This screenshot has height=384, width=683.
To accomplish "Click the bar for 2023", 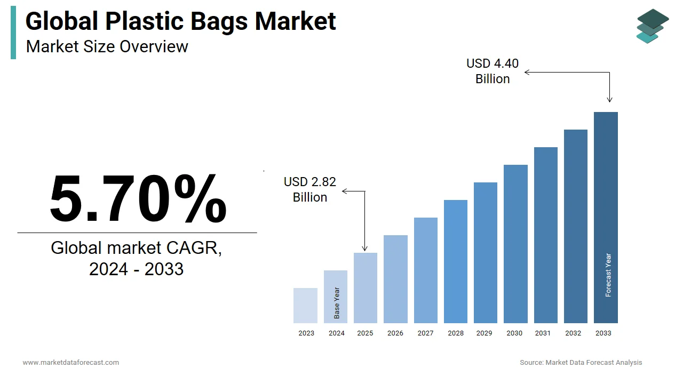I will [x=306, y=306].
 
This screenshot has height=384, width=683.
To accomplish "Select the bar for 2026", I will [x=395, y=279].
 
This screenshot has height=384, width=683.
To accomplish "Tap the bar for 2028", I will [x=456, y=261].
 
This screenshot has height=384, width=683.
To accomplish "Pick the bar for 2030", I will [x=515, y=244].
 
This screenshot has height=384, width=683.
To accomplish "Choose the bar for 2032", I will [x=576, y=226].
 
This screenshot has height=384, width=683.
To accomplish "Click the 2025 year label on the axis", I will [x=366, y=333].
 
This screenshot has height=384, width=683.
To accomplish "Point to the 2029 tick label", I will [x=485, y=333].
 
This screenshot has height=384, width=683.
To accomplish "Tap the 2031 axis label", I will [x=543, y=333].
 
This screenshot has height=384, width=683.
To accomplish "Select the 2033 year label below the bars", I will [x=603, y=333].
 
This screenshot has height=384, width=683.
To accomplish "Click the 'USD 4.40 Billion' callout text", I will [x=493, y=71].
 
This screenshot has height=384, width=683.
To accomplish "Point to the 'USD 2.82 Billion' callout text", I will [x=310, y=189].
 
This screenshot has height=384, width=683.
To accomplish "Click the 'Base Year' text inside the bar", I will [x=337, y=303].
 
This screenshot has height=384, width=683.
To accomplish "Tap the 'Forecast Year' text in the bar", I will [x=608, y=275].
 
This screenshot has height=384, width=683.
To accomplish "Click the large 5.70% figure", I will [x=138, y=198].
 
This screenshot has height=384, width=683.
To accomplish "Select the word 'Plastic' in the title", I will [x=141, y=21].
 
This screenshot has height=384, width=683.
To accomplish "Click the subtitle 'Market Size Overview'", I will [x=107, y=46].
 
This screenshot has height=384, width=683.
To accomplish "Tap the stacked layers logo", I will [x=652, y=26].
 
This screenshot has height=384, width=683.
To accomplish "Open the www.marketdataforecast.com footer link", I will [x=71, y=363].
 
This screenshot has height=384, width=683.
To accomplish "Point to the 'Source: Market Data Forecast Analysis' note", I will [x=581, y=363].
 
